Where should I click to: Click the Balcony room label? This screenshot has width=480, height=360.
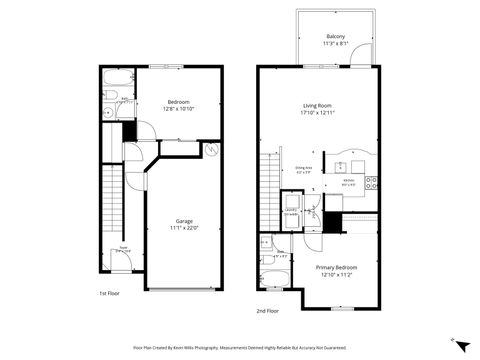tap(335, 36)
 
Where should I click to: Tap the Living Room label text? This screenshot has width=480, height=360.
tap(318, 104)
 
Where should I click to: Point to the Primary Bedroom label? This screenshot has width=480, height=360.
tap(336, 267)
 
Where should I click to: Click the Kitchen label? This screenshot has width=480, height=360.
tap(348, 179)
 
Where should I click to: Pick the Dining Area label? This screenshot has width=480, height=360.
tap(304, 167)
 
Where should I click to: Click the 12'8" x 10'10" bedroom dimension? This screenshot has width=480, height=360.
tap(180, 109)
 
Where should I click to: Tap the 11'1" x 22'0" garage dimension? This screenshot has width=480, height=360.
tap(184, 228)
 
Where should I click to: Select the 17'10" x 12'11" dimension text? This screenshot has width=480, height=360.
tap(318, 112)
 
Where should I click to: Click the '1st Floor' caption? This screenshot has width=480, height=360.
tap(109, 293)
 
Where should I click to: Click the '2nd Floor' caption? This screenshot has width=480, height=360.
tap(266, 310)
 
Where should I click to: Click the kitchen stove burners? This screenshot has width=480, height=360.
tap(371, 182)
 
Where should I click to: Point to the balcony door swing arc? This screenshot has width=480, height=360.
tap(367, 54)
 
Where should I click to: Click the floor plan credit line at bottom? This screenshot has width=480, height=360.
tap(240, 345)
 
